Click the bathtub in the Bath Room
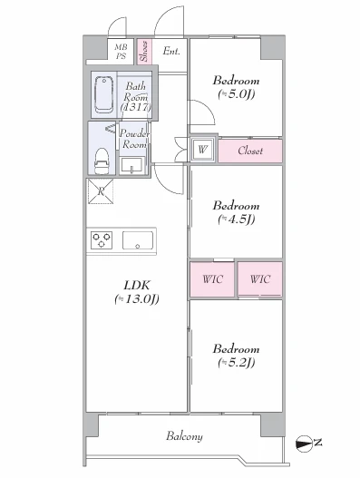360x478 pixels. (104, 94)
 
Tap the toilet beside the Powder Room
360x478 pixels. (102, 161)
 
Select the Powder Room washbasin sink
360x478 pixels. (131, 166)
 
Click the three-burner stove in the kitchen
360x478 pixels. (102, 240)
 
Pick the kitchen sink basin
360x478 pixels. (138, 240)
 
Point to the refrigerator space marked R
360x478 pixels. (101, 191)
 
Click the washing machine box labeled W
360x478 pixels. (203, 150)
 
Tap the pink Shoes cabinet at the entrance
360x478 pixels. (144, 51)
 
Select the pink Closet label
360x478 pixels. (250, 151)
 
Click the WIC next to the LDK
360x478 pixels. (212, 279)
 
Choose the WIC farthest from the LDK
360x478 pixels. (260, 279)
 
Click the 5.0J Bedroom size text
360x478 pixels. (237, 94)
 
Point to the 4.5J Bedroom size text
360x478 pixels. (237, 219)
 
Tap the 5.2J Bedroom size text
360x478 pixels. (237, 363)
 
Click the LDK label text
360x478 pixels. (137, 286)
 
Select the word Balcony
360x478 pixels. (184, 436)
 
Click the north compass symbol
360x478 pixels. (305, 444)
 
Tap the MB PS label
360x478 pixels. (121, 52)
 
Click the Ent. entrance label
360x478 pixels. (171, 51)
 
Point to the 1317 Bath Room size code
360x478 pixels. (136, 107)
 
